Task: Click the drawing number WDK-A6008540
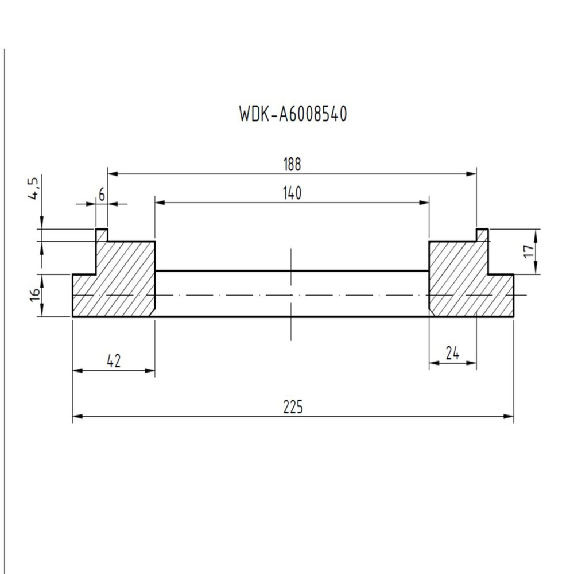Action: coord(293,114)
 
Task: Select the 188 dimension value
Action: coord(292,165)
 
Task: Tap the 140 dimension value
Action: coord(292,193)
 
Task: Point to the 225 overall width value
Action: coord(293,408)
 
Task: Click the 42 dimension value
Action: coord(114,362)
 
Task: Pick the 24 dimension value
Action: coord(453,354)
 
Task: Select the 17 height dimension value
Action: coord(529,251)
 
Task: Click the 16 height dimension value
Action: coord(35,295)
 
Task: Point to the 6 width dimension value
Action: coord(102,195)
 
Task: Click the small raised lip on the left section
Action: coord(102,235)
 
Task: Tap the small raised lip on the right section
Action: coord(482,235)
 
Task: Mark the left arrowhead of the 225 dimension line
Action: coord(76,417)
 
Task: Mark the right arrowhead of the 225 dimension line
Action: coord(510,417)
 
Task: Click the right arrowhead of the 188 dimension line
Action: coord(472,173)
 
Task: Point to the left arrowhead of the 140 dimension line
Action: coord(159,202)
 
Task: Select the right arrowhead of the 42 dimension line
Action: coord(151,371)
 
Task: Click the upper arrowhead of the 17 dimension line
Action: coord(537,232)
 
